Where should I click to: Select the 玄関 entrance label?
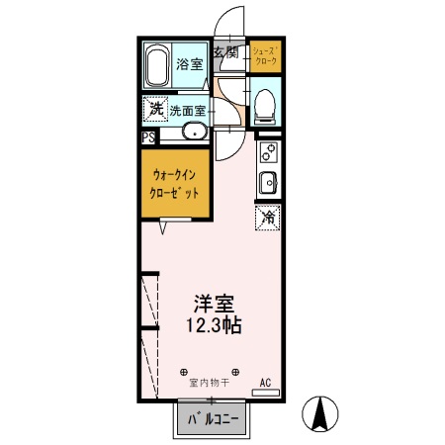(225, 52)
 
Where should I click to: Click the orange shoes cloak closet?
(265, 56)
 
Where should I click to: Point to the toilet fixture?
(265, 107)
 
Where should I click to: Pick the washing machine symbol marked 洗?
(156, 108)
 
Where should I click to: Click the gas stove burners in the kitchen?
(269, 153)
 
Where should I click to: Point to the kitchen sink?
(269, 182)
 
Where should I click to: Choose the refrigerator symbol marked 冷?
(268, 217)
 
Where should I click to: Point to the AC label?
(265, 382)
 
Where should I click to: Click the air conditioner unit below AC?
(266, 393)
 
